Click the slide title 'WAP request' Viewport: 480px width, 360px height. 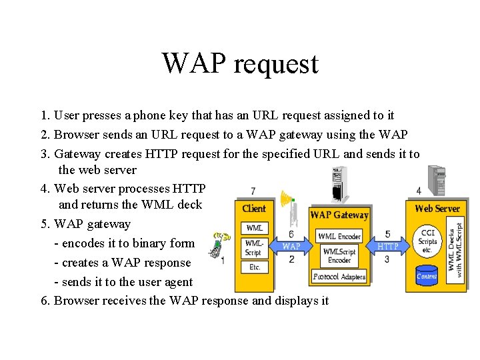240,64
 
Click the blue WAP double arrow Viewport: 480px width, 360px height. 291,246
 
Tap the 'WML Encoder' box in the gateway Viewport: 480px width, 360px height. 339,236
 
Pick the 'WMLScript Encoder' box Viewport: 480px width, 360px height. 339,255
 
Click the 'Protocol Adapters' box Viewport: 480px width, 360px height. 339,276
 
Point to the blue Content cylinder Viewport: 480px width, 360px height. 427,275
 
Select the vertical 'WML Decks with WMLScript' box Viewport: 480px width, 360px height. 455,249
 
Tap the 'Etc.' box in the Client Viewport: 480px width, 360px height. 255,267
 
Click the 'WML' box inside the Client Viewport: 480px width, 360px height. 255,228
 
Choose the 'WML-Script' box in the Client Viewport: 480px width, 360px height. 255,247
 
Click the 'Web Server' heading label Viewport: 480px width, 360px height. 437,209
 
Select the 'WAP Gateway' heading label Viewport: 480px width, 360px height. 339,215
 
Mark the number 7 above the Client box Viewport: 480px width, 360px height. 253,191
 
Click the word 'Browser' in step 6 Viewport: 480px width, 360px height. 76,301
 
